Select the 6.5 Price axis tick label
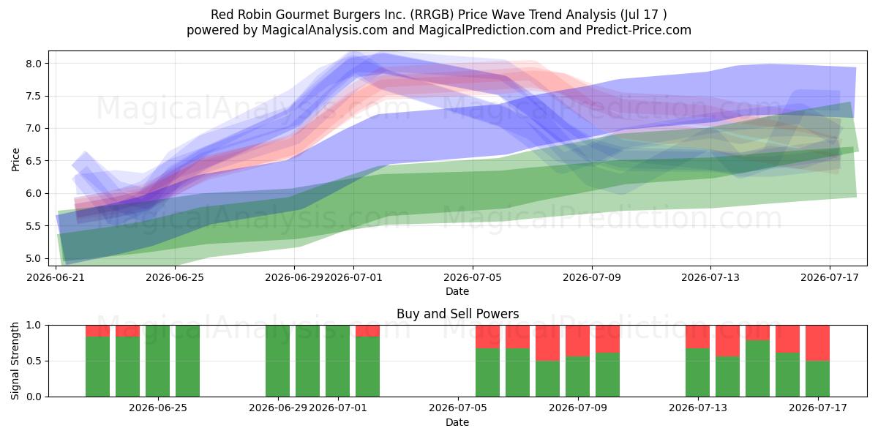click(34, 161)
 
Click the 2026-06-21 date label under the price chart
click(56, 277)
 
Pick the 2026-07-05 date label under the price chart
click(473, 277)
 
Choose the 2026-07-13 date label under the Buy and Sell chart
click(698, 408)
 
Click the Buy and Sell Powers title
click(457, 314)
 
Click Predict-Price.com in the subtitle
click(639, 30)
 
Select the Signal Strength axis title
click(15, 361)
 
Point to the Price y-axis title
click(15, 160)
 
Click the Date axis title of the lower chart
click(457, 422)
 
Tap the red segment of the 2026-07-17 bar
click(817, 343)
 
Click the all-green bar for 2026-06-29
click(277, 361)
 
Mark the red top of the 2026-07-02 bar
click(367, 331)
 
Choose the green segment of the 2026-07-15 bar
click(757, 369)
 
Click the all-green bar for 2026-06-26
click(187, 361)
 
